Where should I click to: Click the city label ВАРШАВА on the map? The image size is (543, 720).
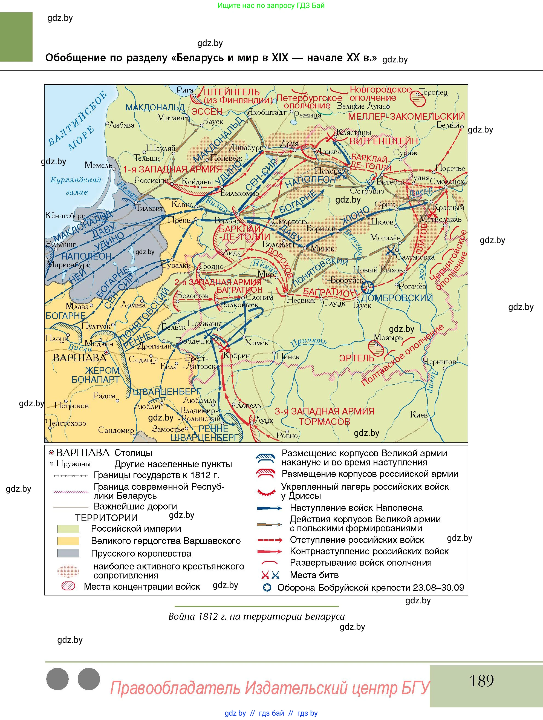point(79,358)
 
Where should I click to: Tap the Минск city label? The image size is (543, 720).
point(322,248)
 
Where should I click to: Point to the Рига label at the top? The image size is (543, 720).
point(185,90)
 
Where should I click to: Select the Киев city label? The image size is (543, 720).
point(418,415)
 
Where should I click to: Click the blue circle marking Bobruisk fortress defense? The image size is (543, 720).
point(368,287)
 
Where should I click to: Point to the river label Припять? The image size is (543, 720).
point(308,341)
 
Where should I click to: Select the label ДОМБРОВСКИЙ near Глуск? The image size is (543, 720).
point(397,298)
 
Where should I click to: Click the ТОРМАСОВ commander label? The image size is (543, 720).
point(324,422)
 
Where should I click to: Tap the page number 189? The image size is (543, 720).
point(481,681)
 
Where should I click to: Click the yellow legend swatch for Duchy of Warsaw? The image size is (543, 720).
point(68,541)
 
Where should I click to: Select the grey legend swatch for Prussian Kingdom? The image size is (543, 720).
point(68,553)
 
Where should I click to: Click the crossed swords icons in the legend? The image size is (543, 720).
point(270,575)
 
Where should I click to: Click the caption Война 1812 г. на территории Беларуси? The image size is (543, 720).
point(256,617)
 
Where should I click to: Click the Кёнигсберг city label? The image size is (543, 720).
point(65,215)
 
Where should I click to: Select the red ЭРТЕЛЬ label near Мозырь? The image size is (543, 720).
point(357,358)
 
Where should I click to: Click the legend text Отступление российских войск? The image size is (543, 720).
point(357,540)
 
